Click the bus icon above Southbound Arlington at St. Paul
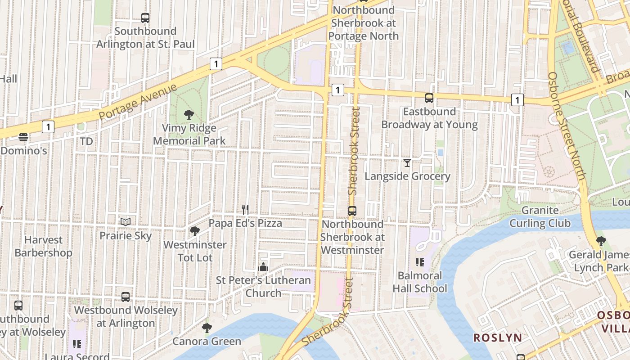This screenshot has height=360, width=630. (145, 18)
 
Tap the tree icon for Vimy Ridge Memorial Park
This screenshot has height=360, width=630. (189, 115)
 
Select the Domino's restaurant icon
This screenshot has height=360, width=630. (23, 137)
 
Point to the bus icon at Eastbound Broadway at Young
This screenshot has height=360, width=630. (429, 98)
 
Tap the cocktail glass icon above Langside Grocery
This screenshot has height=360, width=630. (407, 162)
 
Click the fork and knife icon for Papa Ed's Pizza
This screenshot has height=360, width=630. (245, 209)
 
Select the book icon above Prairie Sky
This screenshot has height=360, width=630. (126, 222)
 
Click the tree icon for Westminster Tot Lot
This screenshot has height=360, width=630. (195, 231)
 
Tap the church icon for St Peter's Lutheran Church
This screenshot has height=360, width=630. (263, 267)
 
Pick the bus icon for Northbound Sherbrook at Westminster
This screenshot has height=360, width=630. (352, 211)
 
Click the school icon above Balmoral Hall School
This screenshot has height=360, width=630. (420, 262)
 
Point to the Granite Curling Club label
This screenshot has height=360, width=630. (540, 216)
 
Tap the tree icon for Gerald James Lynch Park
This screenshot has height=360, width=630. (601, 241)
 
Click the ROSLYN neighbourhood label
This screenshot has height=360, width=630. (498, 337)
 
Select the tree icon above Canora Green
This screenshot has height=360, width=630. (207, 328)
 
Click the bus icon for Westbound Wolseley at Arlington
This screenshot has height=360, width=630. (126, 297)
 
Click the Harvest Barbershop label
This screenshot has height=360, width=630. (43, 246)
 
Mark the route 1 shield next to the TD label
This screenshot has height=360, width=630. (48, 127)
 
